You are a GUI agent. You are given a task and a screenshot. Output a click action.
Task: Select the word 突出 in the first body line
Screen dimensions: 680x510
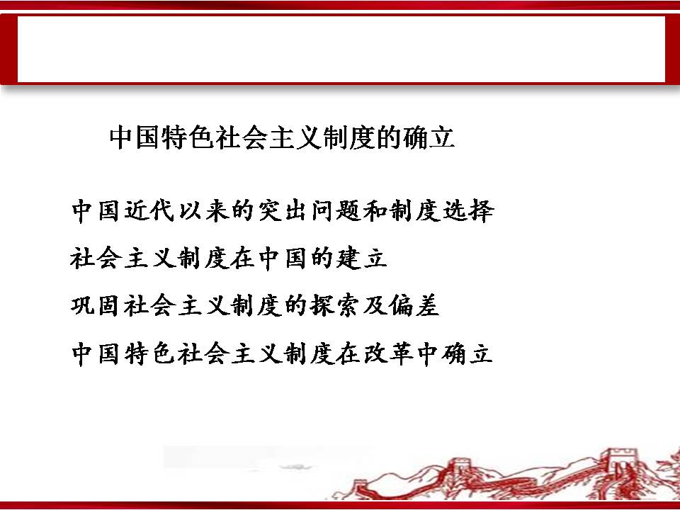(283, 211)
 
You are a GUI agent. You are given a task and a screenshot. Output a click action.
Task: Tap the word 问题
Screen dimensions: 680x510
(336, 211)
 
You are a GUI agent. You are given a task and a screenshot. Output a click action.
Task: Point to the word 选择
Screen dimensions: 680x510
(469, 211)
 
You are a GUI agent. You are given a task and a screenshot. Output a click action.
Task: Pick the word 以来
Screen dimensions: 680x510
(204, 211)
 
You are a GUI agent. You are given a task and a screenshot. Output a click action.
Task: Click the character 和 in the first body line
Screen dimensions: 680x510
(375, 211)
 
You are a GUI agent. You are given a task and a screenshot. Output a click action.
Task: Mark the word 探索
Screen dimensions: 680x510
(334, 306)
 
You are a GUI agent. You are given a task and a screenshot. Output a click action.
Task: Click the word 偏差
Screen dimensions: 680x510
(413, 306)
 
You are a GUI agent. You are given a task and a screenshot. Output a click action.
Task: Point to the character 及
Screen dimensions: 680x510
(373, 306)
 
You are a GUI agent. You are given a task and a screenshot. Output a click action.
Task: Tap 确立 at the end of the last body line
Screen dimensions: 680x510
(467, 353)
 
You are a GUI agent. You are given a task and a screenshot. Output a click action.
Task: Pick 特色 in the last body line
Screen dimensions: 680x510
(149, 353)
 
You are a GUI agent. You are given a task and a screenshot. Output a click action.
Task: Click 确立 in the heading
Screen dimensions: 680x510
(429, 137)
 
